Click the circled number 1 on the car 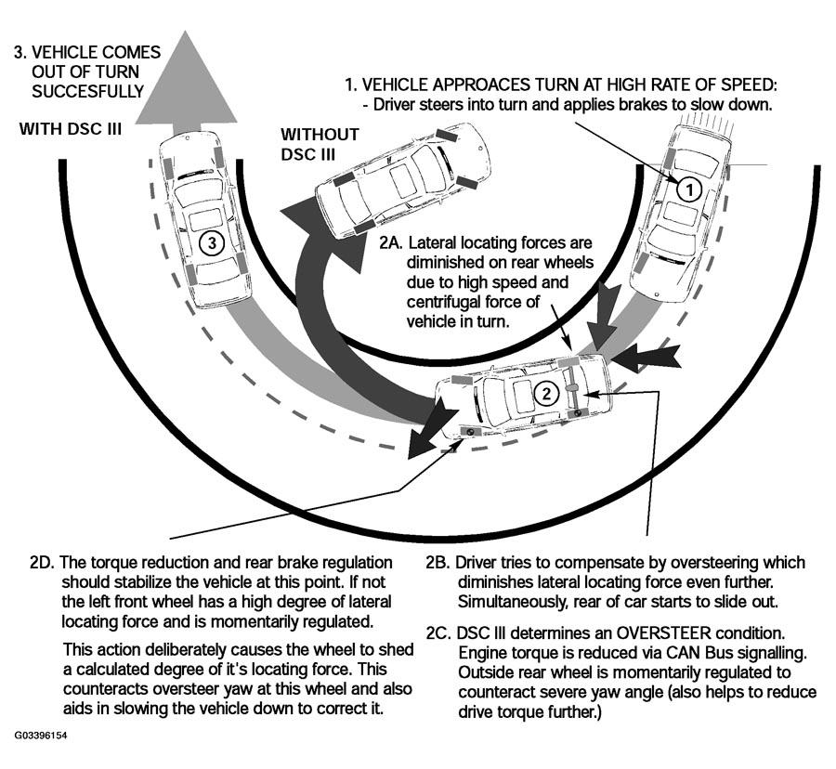coord(687,189)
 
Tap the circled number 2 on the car coord(547,393)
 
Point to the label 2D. coord(44,564)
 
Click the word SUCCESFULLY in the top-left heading coord(87,92)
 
